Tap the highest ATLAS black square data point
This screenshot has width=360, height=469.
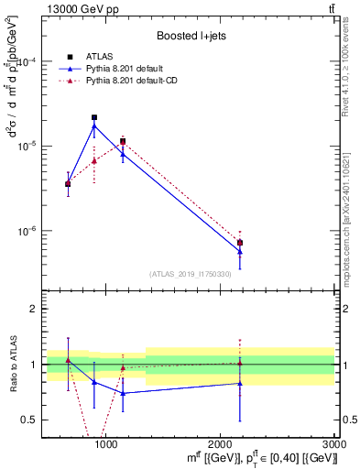pos(94,117)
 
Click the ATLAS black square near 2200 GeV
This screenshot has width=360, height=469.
pos(240,243)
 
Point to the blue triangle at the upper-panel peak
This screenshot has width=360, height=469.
pos(94,125)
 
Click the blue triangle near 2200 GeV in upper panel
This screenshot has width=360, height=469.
pos(240,252)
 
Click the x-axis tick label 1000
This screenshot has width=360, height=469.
pos(106,443)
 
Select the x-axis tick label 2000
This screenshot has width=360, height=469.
pos(221,443)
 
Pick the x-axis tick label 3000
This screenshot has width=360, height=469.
pos(334,443)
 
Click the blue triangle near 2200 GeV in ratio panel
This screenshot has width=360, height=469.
pos(240,383)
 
